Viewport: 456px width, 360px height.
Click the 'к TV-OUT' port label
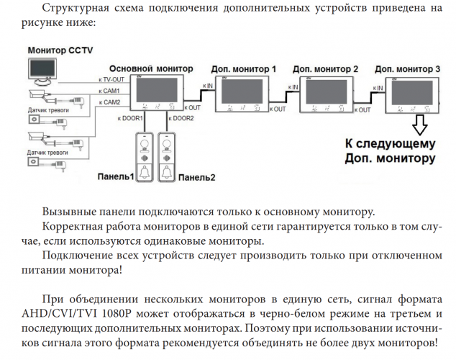[x=111, y=79]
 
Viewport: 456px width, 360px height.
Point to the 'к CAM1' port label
[x=109, y=91]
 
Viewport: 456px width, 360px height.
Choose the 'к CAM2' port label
[x=109, y=102]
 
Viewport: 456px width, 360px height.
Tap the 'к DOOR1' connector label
[x=132, y=117]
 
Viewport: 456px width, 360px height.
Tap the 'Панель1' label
[x=117, y=177]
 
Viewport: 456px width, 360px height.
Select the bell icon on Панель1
[x=145, y=172]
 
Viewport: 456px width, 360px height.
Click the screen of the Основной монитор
[x=156, y=89]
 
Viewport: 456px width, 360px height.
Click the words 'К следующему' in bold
[x=390, y=143]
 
